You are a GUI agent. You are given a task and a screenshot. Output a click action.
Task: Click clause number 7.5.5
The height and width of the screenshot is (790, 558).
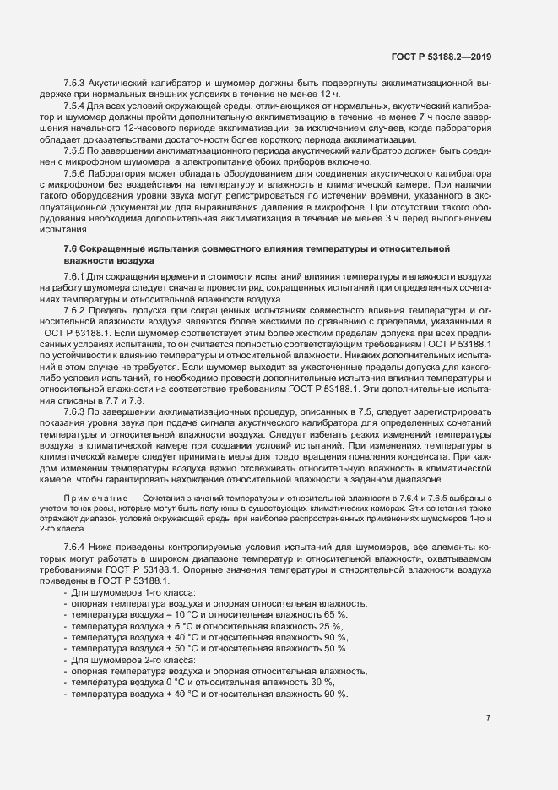click(x=75, y=149)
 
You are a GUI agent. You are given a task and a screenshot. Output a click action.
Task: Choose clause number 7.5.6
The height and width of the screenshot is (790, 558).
click(x=75, y=172)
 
